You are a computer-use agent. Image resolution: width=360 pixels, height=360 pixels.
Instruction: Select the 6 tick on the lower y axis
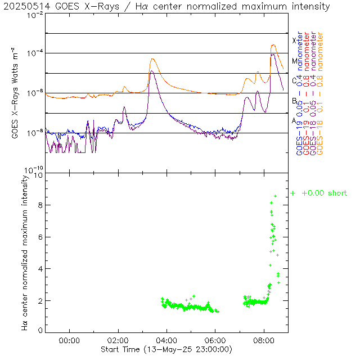coord(40,237)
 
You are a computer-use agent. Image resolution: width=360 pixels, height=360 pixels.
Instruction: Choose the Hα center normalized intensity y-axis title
coord(25,252)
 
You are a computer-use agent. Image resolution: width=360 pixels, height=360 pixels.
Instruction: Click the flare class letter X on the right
coord(294,40)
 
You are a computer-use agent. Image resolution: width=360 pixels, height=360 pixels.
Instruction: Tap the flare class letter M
coord(294,61)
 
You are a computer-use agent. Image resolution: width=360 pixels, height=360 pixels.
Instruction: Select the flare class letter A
coord(294,120)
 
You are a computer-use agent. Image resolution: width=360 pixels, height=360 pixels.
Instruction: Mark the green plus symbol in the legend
coord(293,193)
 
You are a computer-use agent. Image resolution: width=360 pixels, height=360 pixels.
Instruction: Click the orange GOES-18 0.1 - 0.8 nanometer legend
coord(321,93)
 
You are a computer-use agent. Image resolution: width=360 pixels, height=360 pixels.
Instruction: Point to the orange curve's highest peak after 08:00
coord(273,45)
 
